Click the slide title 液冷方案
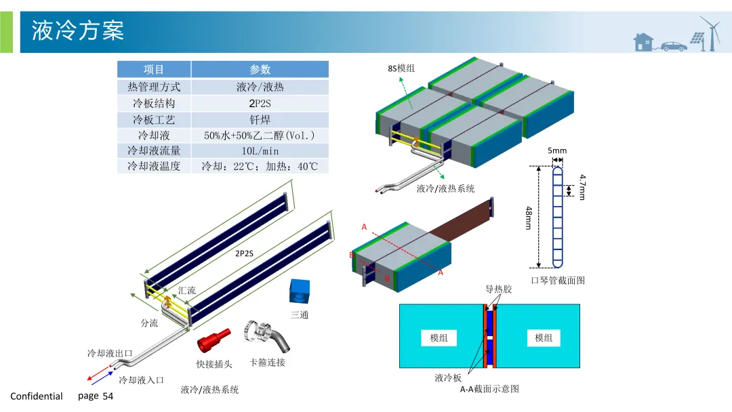click(78, 30)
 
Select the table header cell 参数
click(260, 69)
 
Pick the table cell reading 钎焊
click(260, 119)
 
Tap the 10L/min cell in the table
click(260, 150)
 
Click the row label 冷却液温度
click(154, 166)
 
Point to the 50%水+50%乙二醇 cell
click(260, 135)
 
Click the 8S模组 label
click(401, 68)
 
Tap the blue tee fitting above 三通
click(299, 291)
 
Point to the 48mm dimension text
click(528, 218)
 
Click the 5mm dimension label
click(556, 150)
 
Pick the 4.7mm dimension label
click(582, 187)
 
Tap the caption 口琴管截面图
click(557, 280)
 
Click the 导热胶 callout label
click(498, 289)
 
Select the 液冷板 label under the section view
click(448, 377)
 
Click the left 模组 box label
click(439, 337)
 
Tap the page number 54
click(108, 396)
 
